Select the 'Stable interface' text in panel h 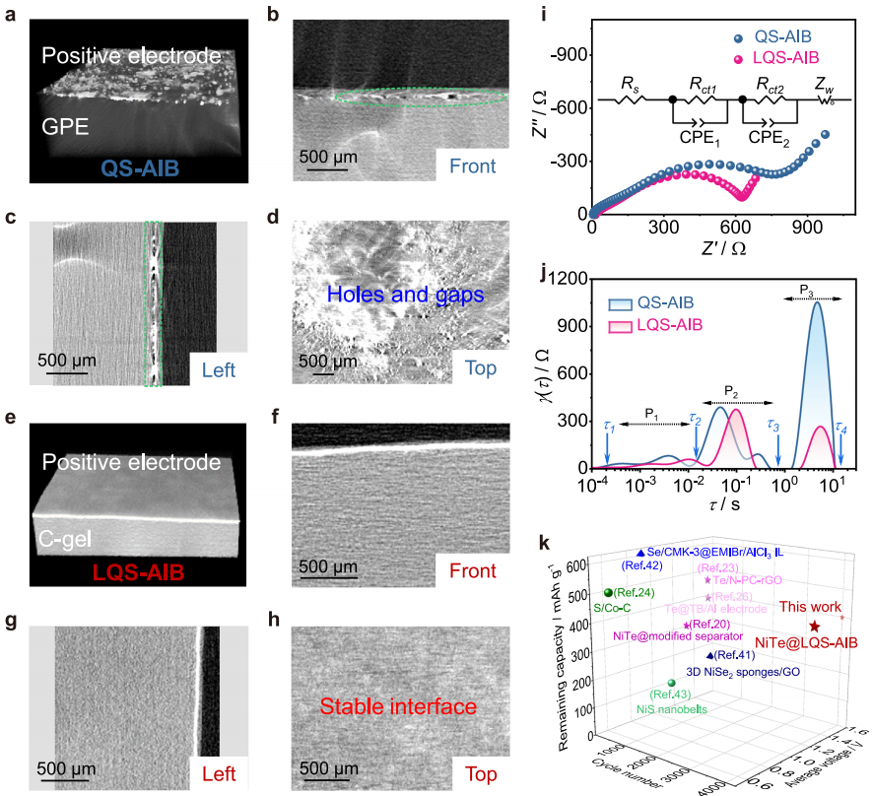pos(397,705)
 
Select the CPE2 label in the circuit pos(775,138)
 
